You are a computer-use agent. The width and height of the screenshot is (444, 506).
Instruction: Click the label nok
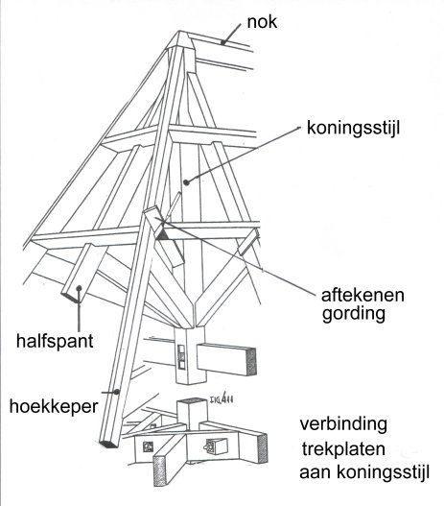[x=262, y=22]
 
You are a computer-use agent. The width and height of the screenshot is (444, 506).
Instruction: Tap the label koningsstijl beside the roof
[x=353, y=128]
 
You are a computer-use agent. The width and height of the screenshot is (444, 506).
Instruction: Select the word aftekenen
[x=362, y=295]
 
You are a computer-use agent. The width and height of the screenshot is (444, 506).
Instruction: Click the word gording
[x=354, y=314]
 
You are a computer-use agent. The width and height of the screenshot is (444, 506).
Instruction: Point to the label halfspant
[x=55, y=341]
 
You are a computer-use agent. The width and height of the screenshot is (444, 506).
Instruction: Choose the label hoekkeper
[x=54, y=406]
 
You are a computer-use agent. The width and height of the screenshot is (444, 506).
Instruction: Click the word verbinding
[x=343, y=424]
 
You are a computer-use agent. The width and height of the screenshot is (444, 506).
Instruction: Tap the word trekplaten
[x=343, y=449]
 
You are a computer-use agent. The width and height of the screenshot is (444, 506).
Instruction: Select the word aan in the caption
[x=316, y=472]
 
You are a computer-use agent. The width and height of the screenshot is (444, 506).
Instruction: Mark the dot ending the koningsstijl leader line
[x=186, y=182]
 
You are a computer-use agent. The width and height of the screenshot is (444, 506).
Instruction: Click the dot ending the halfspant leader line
[x=79, y=288]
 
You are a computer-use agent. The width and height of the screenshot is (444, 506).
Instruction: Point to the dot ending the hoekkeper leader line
[x=117, y=392]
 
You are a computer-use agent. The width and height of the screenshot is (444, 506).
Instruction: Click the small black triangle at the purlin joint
[x=161, y=234]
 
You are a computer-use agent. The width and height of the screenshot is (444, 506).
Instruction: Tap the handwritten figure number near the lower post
[x=222, y=399]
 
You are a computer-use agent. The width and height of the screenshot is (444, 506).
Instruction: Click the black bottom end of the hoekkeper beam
[x=109, y=444]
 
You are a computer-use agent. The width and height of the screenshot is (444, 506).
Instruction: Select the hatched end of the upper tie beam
[x=251, y=361]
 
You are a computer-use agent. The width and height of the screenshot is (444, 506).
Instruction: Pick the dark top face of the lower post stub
[x=192, y=400]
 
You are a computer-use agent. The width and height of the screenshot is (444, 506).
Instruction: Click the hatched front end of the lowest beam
[x=160, y=470]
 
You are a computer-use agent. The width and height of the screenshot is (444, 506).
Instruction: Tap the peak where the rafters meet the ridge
[x=179, y=32]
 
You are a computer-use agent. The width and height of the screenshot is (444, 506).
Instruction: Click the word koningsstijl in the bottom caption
[x=383, y=472]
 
